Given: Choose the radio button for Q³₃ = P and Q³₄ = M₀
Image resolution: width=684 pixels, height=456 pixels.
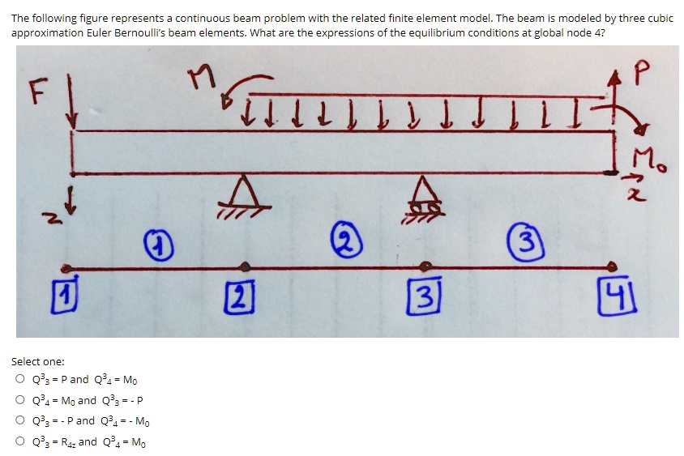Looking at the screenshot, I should (19, 380).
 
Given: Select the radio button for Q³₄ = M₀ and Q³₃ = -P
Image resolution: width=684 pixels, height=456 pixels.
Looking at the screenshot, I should (19, 400).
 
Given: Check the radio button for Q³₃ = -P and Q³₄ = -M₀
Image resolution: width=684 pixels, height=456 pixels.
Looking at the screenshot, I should (19, 421).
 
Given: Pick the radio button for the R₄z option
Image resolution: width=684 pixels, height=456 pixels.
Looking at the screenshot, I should (19, 442).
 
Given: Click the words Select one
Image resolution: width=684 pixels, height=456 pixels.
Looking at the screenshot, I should (38, 362).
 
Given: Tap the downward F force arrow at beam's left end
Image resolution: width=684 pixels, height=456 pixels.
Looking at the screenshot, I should (73, 101).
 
